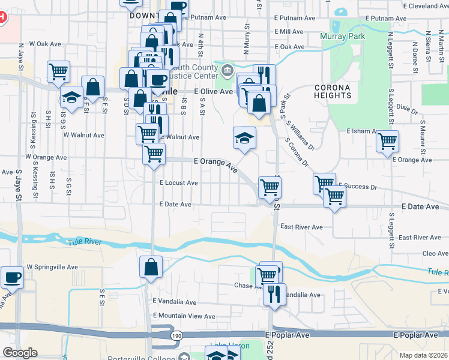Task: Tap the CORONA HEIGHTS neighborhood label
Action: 332,91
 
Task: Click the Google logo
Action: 20,353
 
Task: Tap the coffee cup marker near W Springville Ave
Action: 11,278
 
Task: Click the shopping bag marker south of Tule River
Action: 151,267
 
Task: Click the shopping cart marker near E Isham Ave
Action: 388,142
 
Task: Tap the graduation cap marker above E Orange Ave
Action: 245,138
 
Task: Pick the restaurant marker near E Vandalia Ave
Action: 274,295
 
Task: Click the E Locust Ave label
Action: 179,183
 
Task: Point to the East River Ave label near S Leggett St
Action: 420,238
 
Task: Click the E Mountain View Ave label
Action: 184,316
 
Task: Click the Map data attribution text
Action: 423,355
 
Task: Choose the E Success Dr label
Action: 358,187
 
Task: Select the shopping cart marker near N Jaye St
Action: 59,71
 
